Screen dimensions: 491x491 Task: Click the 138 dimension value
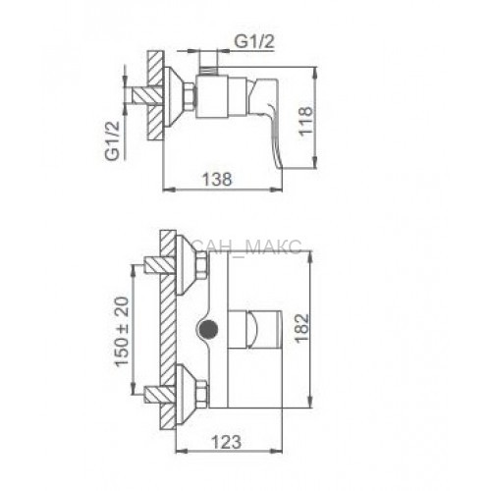click(x=217, y=180)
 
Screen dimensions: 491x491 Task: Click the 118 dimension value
click(x=305, y=121)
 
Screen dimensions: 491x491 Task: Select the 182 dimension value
click(x=301, y=328)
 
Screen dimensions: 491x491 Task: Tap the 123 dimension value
click(x=227, y=442)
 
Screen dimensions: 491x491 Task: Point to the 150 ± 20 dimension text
click(x=122, y=331)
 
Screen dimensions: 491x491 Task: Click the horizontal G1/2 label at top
click(x=254, y=41)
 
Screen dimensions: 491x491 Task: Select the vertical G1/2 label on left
click(x=112, y=140)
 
